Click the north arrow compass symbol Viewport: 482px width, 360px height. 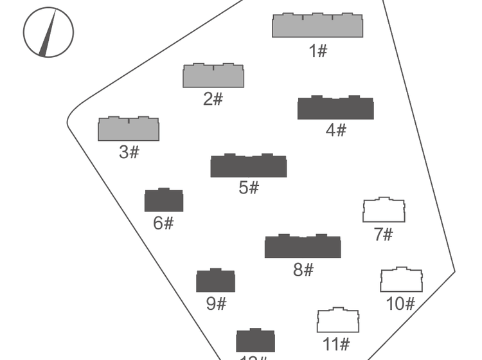point(48,32)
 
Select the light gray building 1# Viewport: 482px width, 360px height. point(317,26)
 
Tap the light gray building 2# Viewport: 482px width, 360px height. point(213,76)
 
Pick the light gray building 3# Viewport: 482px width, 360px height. point(129,129)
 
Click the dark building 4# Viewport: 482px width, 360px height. point(335,108)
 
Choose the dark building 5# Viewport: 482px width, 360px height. point(248,166)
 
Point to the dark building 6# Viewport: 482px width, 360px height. point(164,201)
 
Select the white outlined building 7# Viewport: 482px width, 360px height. point(384,211)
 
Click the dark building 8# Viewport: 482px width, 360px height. point(303,247)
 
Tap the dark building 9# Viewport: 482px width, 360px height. point(215,281)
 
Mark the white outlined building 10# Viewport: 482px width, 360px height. point(401,280)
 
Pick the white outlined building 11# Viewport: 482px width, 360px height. point(337,321)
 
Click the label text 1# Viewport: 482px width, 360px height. point(318,51)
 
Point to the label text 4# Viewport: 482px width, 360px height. point(335,130)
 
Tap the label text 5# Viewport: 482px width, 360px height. point(249,188)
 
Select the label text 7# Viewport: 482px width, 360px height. point(383,235)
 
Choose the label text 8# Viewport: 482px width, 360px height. point(303,270)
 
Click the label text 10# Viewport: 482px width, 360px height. point(400,303)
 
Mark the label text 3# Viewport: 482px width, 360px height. point(129,152)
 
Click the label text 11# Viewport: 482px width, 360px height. point(336,344)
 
